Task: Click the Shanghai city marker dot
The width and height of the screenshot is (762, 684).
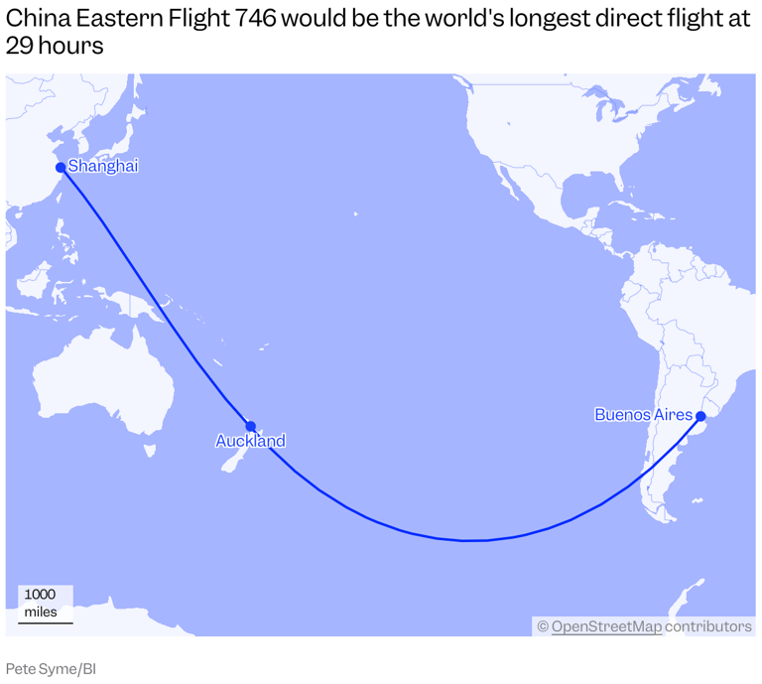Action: tap(61, 167)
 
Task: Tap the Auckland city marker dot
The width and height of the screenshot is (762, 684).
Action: tap(251, 426)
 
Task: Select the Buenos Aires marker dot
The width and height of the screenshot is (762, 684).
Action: tap(700, 416)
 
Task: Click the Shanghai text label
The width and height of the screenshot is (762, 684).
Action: tap(103, 166)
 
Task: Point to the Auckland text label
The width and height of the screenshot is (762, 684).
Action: tap(250, 441)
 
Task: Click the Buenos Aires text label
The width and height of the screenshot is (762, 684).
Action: tap(643, 414)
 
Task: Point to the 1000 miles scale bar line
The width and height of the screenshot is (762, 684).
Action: tap(45, 622)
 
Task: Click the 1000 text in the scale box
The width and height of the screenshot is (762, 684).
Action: tap(40, 595)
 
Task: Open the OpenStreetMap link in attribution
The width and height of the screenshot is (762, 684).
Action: tap(605, 626)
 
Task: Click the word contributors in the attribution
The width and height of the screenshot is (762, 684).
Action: tap(708, 626)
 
